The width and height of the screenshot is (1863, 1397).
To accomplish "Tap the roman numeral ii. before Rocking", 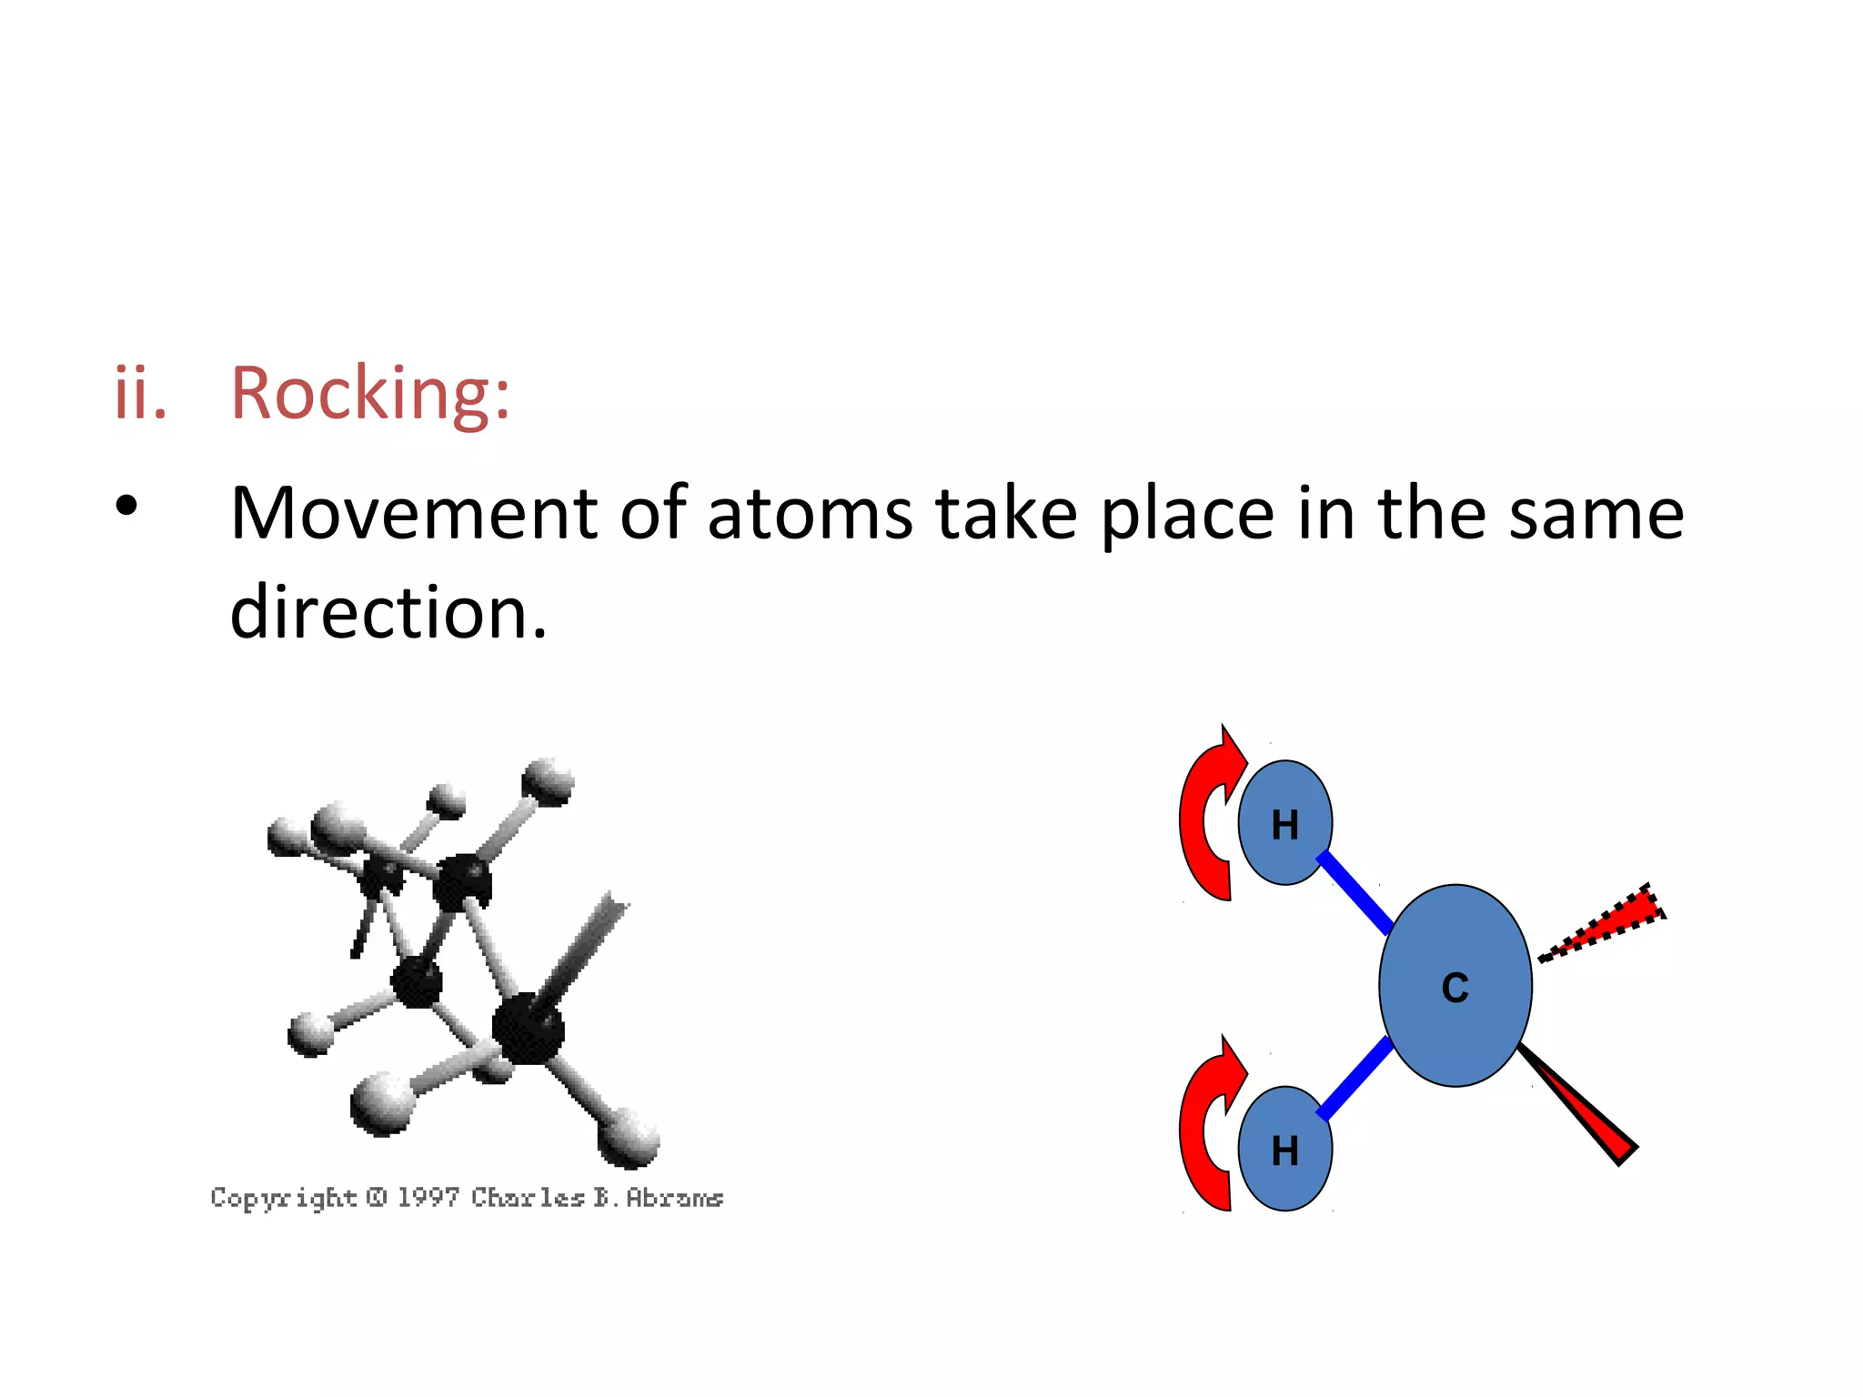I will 140,395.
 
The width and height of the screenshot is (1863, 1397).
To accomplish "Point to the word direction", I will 388,612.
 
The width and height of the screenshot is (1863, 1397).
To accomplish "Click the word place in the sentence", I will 1188,516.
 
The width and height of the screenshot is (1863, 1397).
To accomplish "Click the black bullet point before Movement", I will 127,506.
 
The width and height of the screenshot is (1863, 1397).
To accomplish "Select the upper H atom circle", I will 1284,823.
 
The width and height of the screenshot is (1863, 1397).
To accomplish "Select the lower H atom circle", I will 1284,1149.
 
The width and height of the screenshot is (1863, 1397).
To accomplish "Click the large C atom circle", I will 1455,986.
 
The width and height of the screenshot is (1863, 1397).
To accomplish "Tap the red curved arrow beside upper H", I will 1203,819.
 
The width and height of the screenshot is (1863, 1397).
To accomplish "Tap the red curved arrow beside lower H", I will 1203,1128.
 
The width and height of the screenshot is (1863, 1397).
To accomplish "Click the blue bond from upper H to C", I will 1354,892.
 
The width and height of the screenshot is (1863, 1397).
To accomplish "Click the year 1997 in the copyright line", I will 428,1197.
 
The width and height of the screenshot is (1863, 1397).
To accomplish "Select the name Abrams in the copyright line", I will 674,1198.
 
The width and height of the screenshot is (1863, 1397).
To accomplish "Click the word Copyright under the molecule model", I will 284,1198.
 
